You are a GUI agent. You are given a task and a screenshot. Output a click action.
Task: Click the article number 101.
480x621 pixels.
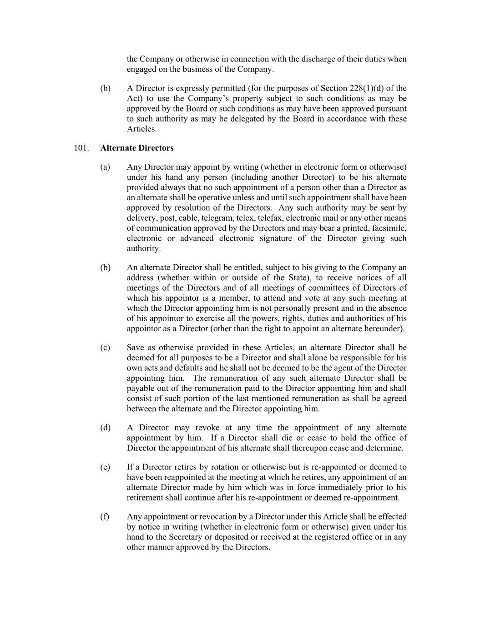click(x=80, y=148)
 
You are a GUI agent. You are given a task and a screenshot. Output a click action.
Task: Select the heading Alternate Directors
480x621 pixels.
click(x=137, y=148)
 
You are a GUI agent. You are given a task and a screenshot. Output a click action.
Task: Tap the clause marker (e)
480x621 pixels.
click(x=105, y=467)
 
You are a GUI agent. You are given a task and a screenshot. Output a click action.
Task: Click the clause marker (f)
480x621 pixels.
click(x=105, y=517)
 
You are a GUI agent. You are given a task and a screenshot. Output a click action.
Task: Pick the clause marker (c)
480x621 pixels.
click(x=105, y=348)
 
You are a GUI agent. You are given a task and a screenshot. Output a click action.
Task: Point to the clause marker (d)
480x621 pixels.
click(x=105, y=428)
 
